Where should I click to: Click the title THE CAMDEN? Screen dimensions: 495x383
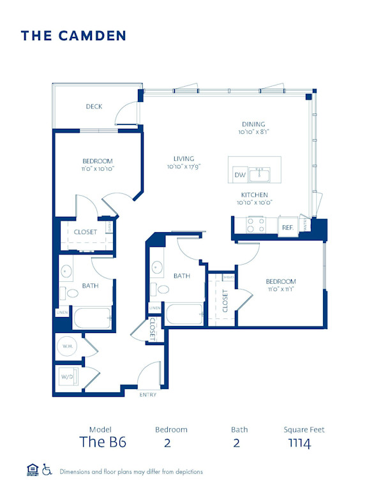[73, 36]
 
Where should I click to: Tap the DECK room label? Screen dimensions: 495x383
[94, 107]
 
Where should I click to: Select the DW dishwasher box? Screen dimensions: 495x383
[240, 174]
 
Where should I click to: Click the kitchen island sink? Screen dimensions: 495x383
[259, 174]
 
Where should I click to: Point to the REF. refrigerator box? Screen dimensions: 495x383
[287, 227]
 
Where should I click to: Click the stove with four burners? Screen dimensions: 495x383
[256, 225]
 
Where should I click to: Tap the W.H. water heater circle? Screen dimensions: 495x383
[67, 347]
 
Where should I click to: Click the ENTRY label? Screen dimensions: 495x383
[147, 395]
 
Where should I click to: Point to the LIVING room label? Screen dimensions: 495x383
[183, 159]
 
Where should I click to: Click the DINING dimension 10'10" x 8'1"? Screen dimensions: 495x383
[253, 132]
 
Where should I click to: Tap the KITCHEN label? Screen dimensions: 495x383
[253, 195]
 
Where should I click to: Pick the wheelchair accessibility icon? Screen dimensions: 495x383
[47, 470]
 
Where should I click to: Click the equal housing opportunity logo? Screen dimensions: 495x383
[32, 470]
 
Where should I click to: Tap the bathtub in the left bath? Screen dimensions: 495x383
[93, 318]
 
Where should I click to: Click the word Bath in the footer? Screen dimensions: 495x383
[239, 429]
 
